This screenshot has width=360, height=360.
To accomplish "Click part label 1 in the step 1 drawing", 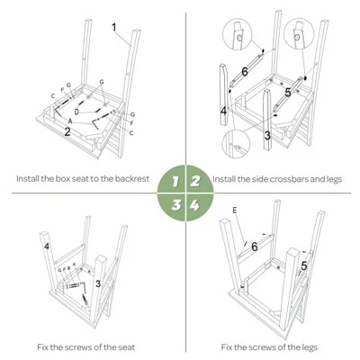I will pos(114,28).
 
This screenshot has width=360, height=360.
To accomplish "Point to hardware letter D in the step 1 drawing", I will pos(76,111).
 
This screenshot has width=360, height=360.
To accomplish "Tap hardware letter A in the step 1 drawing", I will pos(71,120).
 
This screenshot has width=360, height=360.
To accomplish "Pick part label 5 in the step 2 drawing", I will pos(286,91).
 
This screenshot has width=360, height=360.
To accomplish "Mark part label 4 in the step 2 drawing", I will pos(223,112).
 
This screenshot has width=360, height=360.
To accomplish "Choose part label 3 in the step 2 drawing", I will pos(267,134).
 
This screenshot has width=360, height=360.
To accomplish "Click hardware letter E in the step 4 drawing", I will pos(235,210).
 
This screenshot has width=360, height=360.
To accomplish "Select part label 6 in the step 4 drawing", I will pos(254,247).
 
